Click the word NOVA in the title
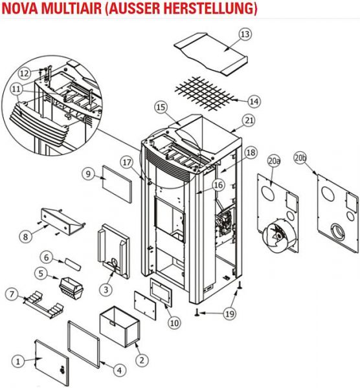pos(20,8)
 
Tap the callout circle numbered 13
pos(245,34)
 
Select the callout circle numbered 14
pos(254,102)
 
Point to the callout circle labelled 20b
pos(300,158)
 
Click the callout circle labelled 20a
pos(273,161)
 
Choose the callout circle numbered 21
pos(249,120)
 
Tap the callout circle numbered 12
pos(25,74)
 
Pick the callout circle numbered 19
pos(230,314)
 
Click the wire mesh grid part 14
pos(205,93)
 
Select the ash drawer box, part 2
pos(120,327)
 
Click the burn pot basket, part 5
pos(72,288)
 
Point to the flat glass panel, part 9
pos(117,184)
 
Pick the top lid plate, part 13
pos(211,53)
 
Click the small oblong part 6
pos(73,264)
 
